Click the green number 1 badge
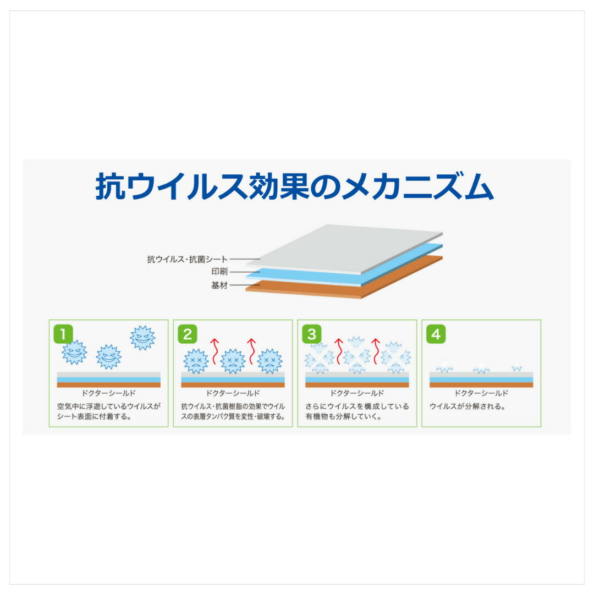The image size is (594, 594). pos(63,334)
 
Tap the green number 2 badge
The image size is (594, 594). pos(188,334)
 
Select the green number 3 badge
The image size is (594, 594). pos(312,334)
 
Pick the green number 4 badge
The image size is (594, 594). pos(436,334)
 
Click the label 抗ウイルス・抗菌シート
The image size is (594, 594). pos(187,260)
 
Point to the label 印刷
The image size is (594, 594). pos(219,272)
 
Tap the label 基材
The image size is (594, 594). pos(219,285)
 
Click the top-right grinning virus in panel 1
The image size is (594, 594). pos(142,338)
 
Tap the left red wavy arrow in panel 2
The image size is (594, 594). pos(215,351)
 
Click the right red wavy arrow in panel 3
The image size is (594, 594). pos(376,351)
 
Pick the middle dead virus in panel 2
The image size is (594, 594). pos(233,361)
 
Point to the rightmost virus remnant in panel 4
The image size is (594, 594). pos(516,368)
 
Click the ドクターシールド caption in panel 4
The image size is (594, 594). pos(481,393)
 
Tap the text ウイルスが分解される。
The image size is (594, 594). pos(468,406)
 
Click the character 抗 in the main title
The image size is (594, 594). pos(110,186)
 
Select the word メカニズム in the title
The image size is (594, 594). pos(418,186)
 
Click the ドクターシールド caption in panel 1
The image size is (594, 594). pos(108,393)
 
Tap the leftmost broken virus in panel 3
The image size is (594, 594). pos(320,359)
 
